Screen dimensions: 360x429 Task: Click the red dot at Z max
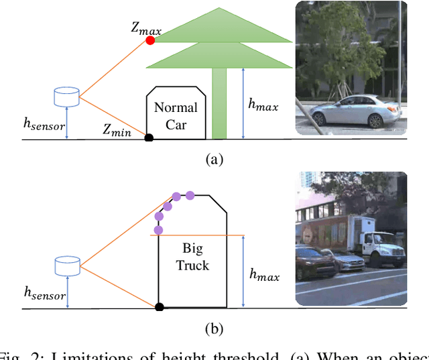tap(150, 41)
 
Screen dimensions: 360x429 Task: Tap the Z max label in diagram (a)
tap(145, 28)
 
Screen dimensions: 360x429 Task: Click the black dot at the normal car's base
tap(149, 138)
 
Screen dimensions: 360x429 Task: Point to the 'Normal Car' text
tap(176, 115)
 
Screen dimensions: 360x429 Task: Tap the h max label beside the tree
tap(262, 105)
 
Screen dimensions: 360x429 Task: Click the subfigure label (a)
tap(213, 159)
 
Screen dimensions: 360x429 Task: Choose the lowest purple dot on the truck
tap(158, 230)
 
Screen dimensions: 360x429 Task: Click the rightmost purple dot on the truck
tap(190, 195)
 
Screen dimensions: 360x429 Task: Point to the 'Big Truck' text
tap(192, 257)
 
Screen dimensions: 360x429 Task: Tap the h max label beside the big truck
tap(263, 274)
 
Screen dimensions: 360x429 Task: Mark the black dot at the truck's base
tap(159, 307)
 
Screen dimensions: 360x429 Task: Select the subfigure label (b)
tap(213, 328)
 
